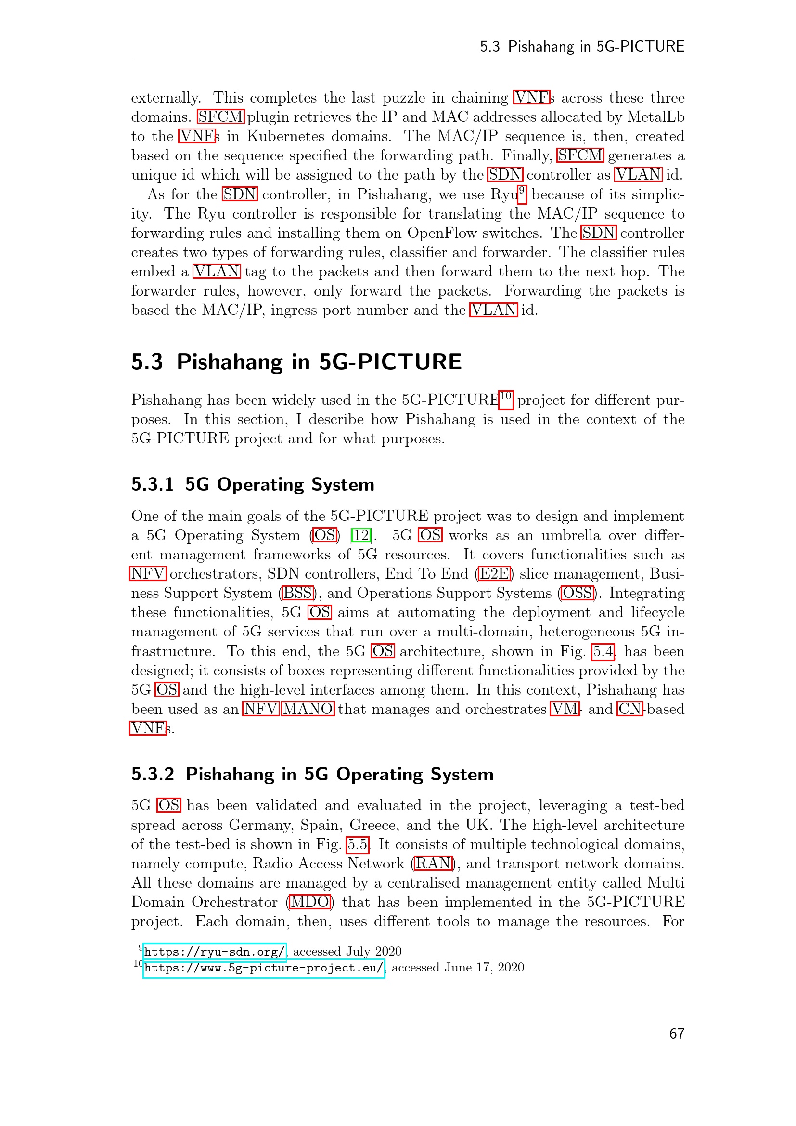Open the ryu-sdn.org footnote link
click(x=214, y=952)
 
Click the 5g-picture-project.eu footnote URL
click(x=263, y=968)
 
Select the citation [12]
click(x=361, y=535)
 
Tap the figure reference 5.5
click(x=358, y=844)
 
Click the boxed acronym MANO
click(x=308, y=709)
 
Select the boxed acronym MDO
click(x=310, y=902)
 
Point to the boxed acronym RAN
click(x=433, y=863)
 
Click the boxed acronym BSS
click(x=297, y=593)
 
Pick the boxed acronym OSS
click(x=578, y=593)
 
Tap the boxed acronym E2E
click(x=495, y=574)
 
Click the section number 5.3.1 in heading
click(x=153, y=485)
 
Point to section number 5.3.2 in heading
click(x=153, y=775)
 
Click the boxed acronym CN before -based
click(x=630, y=709)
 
